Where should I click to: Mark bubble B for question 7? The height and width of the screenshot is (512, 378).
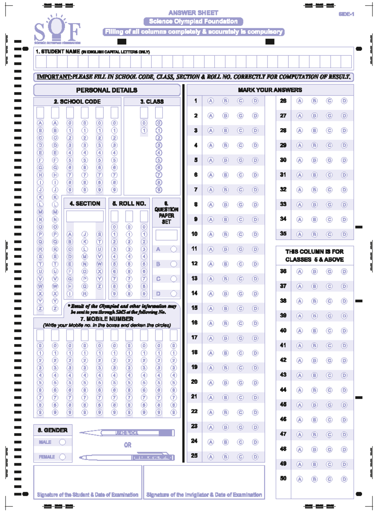tap(225, 190)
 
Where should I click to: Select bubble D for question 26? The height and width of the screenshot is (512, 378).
tap(344, 101)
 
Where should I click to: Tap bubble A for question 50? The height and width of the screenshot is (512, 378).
tap(300, 479)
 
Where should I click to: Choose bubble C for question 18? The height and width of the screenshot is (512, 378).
tap(240, 353)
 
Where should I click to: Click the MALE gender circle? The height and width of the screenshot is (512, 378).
tap(62, 442)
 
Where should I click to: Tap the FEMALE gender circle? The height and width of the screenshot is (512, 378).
tap(62, 457)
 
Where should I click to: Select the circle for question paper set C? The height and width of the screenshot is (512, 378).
tap(174, 279)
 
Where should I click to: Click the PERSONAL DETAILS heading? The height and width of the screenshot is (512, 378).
tap(106, 90)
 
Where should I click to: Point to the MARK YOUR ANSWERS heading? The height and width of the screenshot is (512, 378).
tap(270, 90)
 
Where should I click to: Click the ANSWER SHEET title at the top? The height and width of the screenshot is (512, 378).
tap(193, 13)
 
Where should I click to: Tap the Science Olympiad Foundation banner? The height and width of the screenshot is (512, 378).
tap(193, 21)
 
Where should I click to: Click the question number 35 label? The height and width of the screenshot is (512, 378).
tap(283, 234)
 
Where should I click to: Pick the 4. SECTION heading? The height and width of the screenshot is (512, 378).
tap(85, 204)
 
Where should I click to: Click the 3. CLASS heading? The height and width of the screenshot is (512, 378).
tap(152, 102)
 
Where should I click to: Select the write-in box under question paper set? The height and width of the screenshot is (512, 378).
tap(166, 235)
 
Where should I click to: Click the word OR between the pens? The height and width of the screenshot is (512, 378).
tap(127, 445)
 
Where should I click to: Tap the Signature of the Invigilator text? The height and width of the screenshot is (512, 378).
tap(204, 495)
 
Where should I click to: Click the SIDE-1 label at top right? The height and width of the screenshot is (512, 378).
tap(346, 14)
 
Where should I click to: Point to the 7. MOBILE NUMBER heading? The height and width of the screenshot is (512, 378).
tap(107, 319)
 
